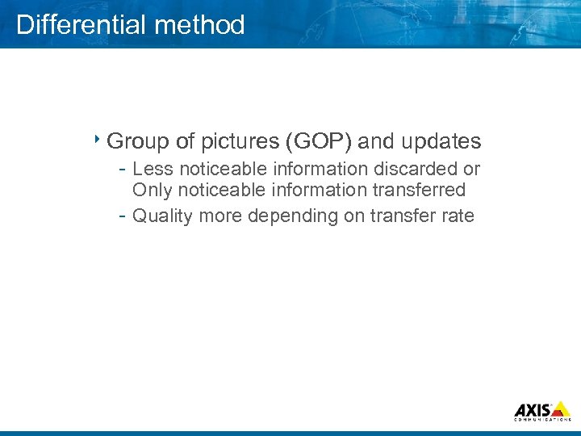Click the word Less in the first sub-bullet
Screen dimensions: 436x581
point(153,170)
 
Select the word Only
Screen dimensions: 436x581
point(152,191)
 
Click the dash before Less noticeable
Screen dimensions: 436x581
point(121,170)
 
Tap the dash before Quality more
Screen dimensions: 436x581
point(121,216)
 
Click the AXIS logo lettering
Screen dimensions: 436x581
point(534,408)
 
